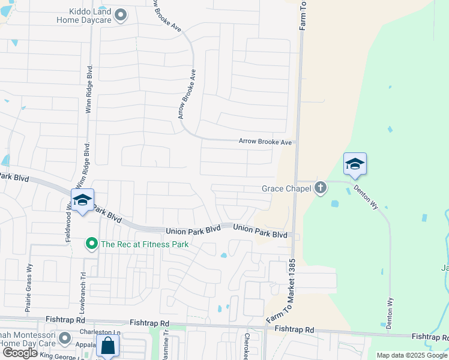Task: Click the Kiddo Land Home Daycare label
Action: (x=84, y=15)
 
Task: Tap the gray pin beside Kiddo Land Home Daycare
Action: (x=121, y=15)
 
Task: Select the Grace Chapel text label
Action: (x=286, y=188)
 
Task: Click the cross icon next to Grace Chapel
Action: (x=321, y=188)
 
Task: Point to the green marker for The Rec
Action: (x=91, y=244)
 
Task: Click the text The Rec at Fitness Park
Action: (x=145, y=244)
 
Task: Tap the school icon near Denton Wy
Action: (x=355, y=164)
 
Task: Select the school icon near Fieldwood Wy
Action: (x=82, y=200)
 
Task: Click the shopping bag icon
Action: (x=107, y=347)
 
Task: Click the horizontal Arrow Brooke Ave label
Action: (x=265, y=142)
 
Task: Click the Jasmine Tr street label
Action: (x=164, y=348)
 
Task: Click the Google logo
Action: (x=20, y=353)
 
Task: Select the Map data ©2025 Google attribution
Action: (x=412, y=355)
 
